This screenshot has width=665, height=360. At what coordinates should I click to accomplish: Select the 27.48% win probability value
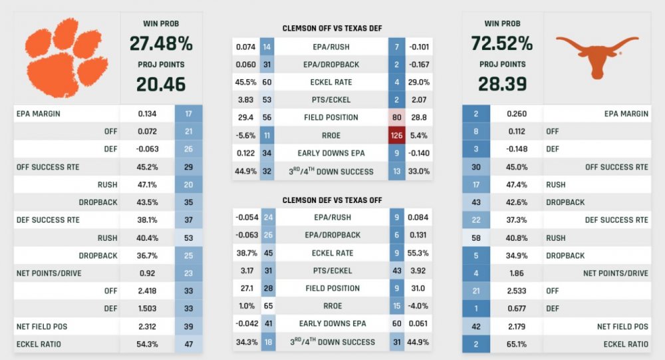click(161, 45)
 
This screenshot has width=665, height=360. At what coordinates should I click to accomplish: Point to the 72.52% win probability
click(502, 45)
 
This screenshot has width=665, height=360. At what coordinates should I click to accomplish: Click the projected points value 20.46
click(161, 84)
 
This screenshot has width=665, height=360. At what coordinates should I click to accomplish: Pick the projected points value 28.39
click(502, 84)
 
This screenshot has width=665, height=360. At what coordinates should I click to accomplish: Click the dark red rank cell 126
click(396, 135)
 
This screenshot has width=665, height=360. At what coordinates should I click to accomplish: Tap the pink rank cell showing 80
click(396, 117)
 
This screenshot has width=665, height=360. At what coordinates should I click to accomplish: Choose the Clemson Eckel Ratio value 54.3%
click(147, 343)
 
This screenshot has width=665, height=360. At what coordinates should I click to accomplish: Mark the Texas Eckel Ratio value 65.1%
click(516, 344)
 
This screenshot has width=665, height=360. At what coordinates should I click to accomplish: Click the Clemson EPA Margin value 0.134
click(147, 113)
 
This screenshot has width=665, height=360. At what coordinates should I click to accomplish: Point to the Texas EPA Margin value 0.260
click(516, 114)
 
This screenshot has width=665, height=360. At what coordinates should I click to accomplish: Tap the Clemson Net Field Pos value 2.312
click(147, 326)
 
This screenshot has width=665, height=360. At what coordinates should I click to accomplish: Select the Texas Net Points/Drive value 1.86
click(516, 273)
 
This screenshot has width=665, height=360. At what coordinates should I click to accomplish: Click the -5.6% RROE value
click(245, 135)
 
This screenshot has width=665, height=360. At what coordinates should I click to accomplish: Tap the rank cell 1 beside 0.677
click(476, 308)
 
